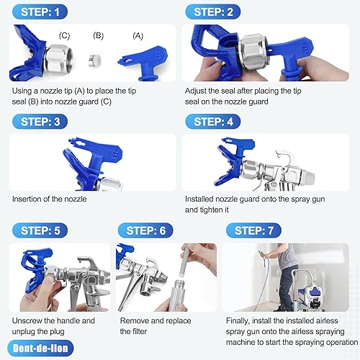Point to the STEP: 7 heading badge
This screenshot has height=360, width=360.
click(260, 230)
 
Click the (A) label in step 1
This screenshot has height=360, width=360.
click(138, 35)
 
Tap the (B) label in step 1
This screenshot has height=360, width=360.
click(99, 34)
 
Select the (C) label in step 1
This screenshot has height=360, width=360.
click(64, 34)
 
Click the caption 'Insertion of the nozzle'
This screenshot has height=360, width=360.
click(50, 198)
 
